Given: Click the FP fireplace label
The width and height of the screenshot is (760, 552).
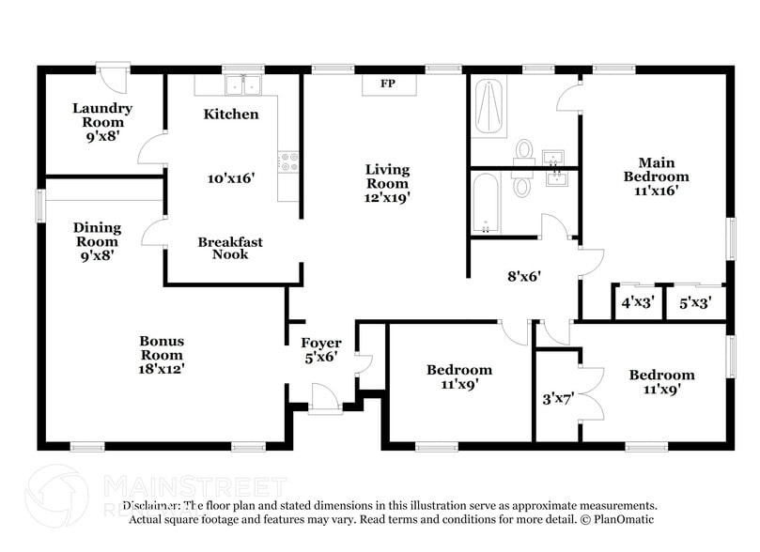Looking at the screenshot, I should (386, 84).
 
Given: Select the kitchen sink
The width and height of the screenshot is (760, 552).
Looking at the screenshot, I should (240, 85).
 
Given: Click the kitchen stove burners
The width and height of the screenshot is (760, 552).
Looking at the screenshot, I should (288, 161).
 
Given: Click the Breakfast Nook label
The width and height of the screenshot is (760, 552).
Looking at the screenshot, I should (230, 248).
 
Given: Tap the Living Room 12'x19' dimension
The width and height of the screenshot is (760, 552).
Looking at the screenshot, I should (387, 197).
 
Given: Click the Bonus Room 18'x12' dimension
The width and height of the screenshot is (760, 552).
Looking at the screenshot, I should (162, 369).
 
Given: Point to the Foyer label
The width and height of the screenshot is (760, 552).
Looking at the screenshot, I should (320, 344).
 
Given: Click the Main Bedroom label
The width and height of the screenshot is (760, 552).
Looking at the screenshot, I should (657, 169).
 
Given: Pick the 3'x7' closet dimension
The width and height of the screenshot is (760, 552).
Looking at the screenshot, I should (558, 397).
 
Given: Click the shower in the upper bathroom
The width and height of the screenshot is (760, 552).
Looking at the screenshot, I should (489, 108).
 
